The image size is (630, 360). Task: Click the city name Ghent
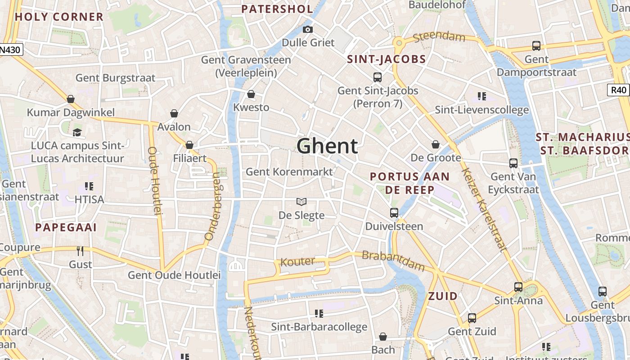point(327,146)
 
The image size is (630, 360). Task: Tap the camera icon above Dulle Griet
point(308,30)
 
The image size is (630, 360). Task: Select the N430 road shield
point(10,49)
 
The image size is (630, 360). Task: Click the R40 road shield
point(619,90)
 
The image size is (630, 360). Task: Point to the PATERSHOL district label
point(277,9)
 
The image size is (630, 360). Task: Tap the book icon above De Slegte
point(301,202)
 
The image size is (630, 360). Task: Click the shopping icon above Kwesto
point(251,94)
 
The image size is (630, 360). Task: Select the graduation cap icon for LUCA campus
point(77,133)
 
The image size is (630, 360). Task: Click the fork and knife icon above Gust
point(81,251)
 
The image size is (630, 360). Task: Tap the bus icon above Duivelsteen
point(394,212)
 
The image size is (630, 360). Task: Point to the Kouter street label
point(297,261)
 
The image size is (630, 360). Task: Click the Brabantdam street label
point(393,261)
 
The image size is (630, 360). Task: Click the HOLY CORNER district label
point(59,17)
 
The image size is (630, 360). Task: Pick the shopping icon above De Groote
point(435,144)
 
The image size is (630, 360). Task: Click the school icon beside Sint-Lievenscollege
point(482,96)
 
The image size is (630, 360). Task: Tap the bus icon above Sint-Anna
point(518,287)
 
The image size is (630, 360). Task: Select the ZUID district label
point(443,296)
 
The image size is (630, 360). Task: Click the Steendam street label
point(439,36)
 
